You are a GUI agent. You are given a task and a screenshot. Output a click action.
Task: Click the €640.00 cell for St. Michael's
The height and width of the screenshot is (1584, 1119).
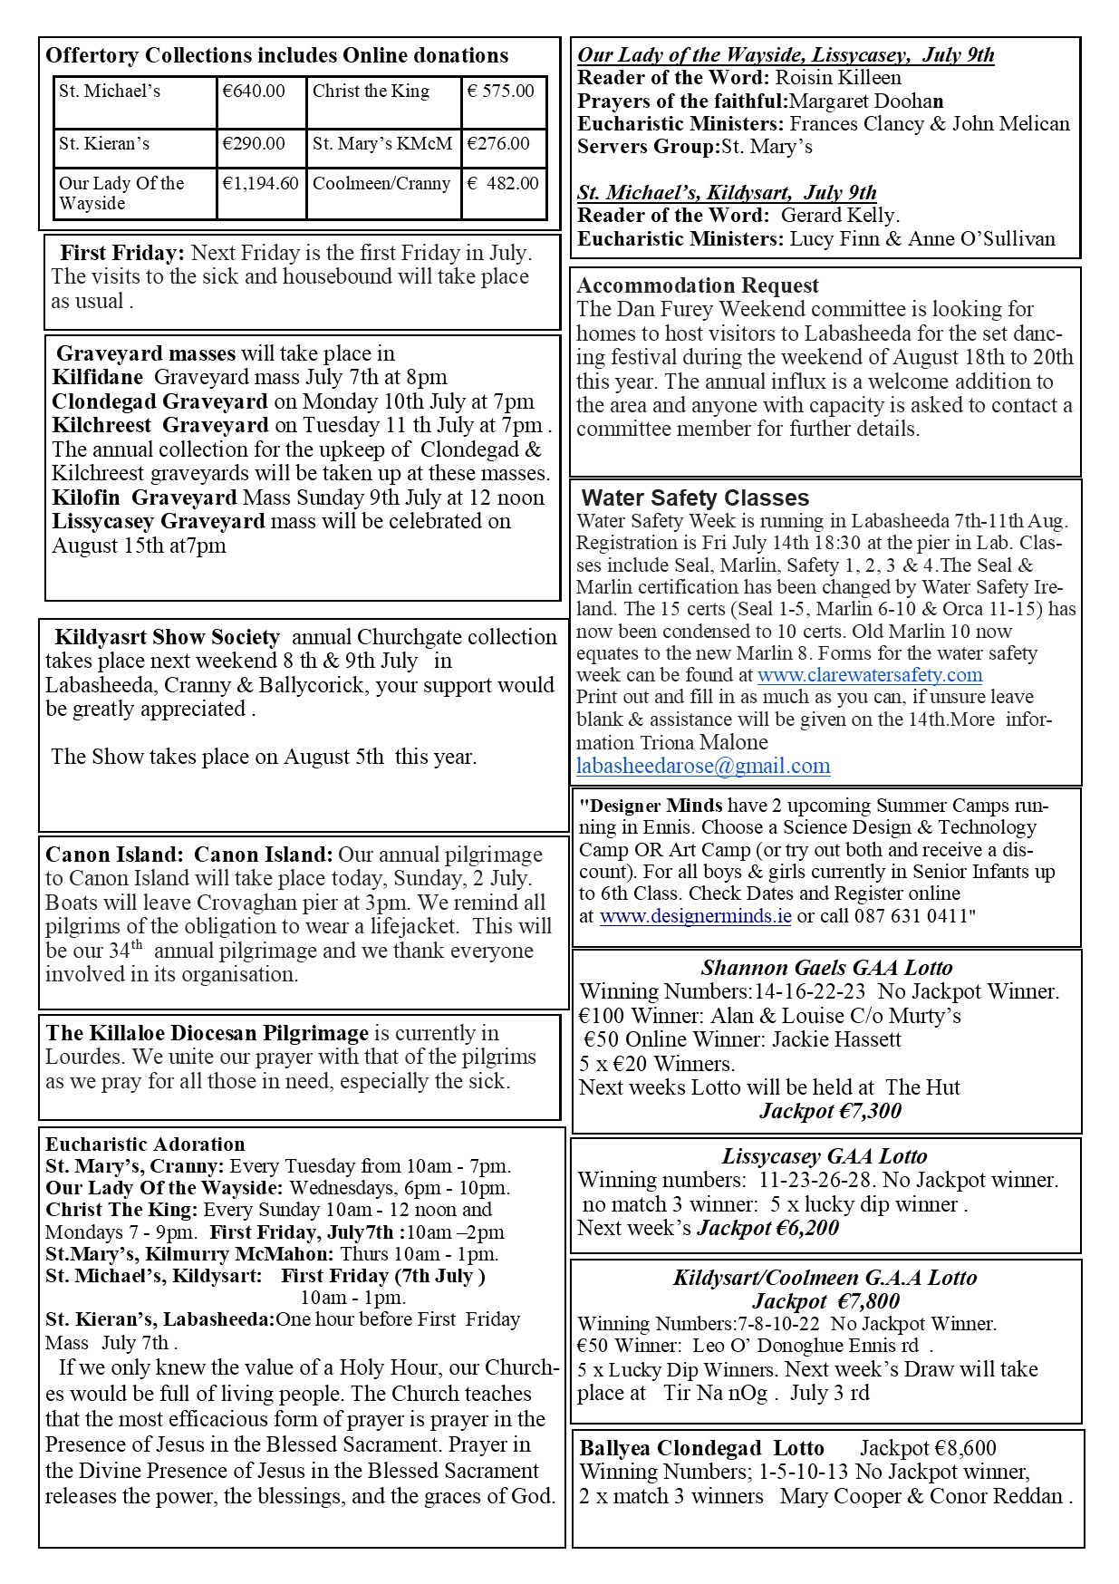point(254,92)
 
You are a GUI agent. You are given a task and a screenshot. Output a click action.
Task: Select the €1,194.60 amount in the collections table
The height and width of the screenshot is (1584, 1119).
point(260,183)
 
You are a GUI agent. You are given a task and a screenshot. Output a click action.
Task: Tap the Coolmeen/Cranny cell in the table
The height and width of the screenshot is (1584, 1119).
point(381,183)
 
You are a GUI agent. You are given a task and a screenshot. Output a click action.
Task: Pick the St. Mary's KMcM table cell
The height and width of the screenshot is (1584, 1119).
point(381,143)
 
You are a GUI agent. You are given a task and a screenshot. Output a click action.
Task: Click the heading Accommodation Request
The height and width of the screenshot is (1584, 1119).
point(698,286)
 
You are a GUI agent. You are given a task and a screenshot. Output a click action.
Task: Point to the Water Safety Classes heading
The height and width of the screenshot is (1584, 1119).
point(695,497)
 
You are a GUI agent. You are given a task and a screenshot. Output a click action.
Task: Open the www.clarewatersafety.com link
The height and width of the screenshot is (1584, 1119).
point(870,675)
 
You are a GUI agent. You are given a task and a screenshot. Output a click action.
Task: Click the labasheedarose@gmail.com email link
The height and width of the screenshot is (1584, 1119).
point(703,766)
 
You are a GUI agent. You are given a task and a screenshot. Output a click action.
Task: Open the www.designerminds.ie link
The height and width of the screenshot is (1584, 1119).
point(695,916)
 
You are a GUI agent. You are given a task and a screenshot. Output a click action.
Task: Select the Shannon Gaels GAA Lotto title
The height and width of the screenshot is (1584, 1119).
point(826,968)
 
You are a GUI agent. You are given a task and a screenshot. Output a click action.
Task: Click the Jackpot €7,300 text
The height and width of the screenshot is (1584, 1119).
point(830,1111)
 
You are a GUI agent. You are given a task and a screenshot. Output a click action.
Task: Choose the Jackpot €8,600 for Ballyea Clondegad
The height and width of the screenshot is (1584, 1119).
point(928,1448)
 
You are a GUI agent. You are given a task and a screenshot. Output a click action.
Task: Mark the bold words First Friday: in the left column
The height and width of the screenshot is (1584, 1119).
point(122,253)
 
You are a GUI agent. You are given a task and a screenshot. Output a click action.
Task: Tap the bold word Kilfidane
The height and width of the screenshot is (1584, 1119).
point(98,377)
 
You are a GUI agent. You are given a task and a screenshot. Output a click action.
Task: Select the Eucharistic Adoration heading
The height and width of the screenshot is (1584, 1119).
point(145,1145)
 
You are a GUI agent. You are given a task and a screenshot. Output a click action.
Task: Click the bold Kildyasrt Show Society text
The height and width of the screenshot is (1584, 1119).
point(167,637)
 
